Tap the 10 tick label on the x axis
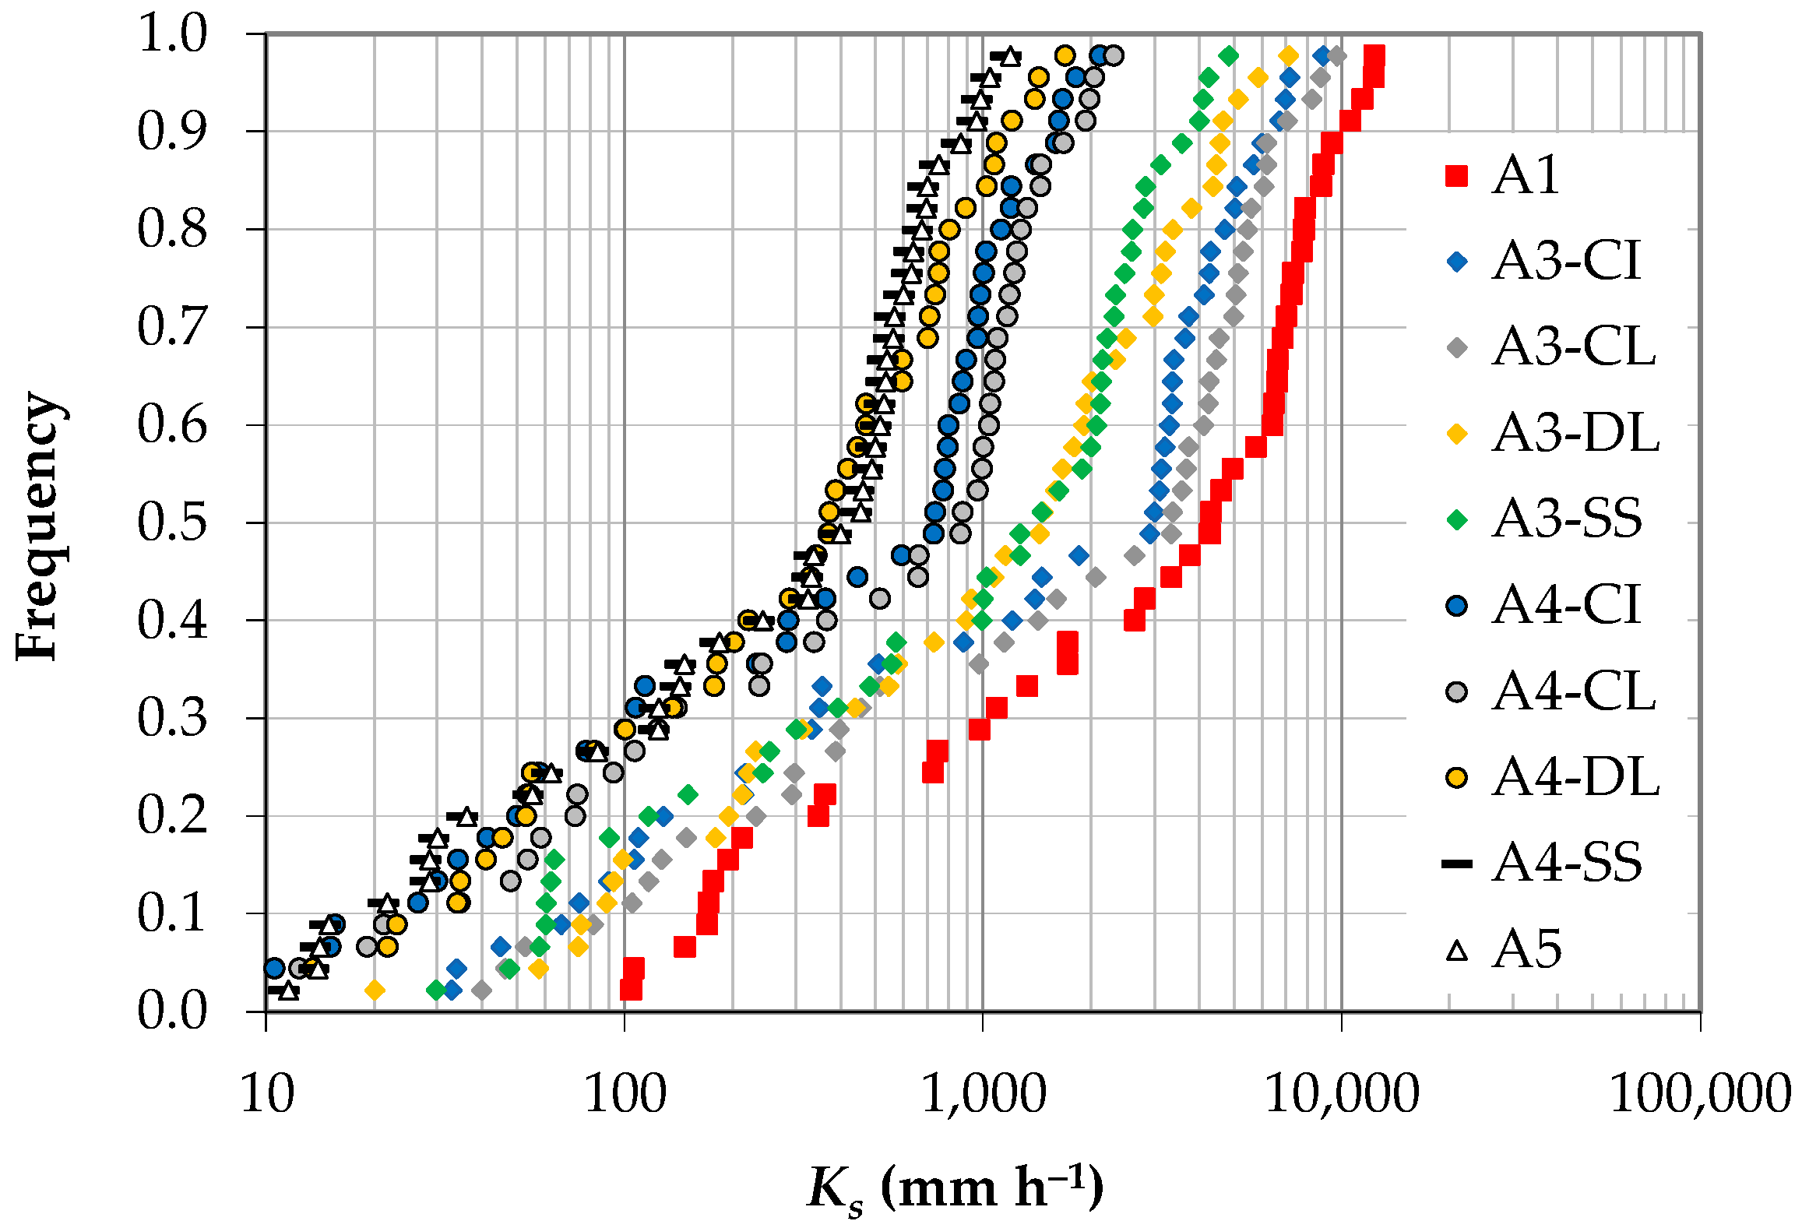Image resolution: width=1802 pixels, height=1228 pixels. pyautogui.click(x=267, y=1094)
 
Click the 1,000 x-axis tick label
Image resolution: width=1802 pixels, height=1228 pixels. pyautogui.click(x=983, y=1094)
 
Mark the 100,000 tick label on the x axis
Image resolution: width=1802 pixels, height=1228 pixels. pyautogui.click(x=1700, y=1094)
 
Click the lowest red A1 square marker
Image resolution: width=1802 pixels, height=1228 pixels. pyautogui.click(x=631, y=990)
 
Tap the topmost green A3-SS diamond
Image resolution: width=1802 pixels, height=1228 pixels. pyautogui.click(x=1229, y=56)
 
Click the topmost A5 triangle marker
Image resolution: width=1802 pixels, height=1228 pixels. pyautogui.click(x=1010, y=56)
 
